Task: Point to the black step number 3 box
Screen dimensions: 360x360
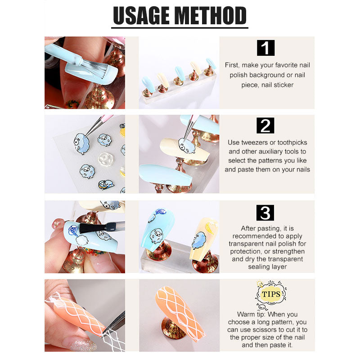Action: coord(265,213)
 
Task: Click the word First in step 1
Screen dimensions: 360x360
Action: coord(232,65)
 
